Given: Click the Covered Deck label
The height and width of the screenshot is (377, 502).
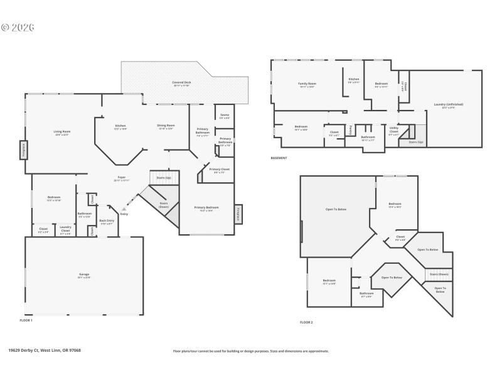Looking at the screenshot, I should [x=181, y=82].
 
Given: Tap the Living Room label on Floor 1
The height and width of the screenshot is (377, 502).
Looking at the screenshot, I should [x=62, y=133].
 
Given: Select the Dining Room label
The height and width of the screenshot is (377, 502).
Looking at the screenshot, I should [x=166, y=126].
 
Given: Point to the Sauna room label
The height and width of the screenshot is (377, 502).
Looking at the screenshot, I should [x=224, y=116].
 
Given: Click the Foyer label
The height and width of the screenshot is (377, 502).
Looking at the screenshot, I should [x=122, y=178].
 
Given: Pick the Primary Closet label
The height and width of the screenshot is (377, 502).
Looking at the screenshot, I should [x=220, y=170].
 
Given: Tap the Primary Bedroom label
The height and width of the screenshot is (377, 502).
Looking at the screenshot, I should [x=206, y=209].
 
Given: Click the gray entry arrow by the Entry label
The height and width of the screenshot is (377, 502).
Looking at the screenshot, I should [x=124, y=209].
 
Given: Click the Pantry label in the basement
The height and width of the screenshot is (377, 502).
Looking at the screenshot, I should [x=350, y=130].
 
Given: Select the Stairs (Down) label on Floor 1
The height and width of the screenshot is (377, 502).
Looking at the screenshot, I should [x=163, y=204].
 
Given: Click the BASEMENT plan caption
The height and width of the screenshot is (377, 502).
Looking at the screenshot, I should [x=279, y=158].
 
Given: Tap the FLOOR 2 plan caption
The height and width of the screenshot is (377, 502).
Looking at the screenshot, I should [x=306, y=322].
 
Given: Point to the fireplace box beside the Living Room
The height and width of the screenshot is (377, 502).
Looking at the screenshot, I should [x=23, y=150].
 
